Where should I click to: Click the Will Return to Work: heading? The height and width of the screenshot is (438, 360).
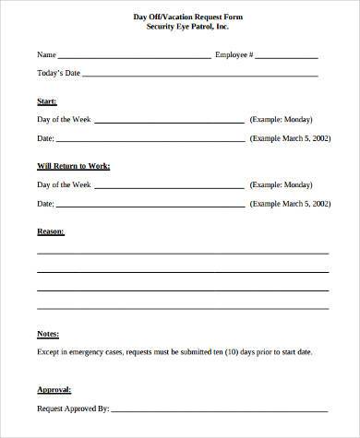(x=74, y=165)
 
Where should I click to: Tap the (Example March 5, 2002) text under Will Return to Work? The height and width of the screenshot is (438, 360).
(x=288, y=203)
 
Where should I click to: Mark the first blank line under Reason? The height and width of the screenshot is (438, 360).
(x=183, y=252)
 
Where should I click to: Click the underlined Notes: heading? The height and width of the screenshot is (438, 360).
(x=48, y=334)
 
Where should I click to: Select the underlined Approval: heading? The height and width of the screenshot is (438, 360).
(x=54, y=389)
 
